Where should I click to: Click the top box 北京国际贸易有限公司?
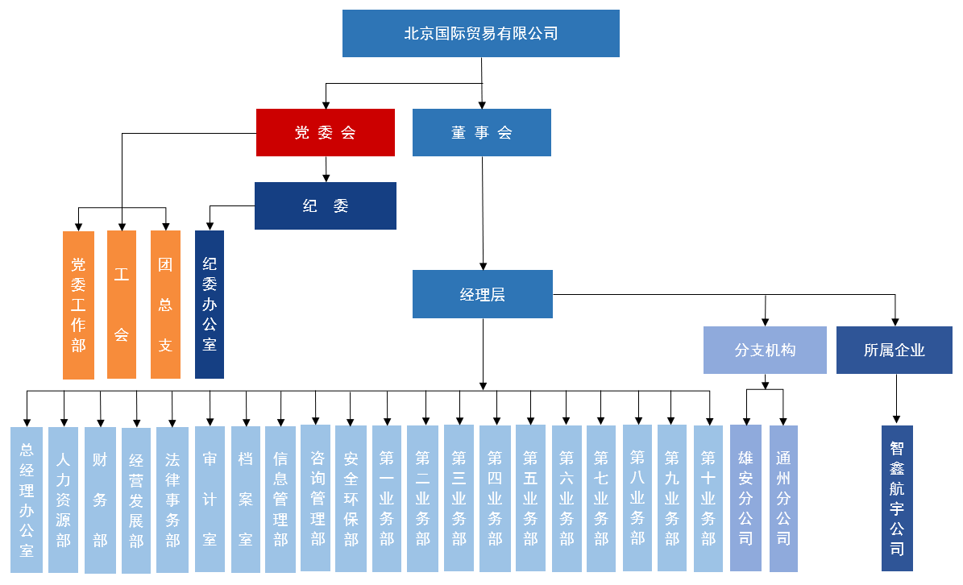click(x=481, y=33)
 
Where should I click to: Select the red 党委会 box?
click(x=326, y=133)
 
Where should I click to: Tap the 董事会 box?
click(x=482, y=133)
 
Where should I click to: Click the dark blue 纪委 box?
click(x=326, y=205)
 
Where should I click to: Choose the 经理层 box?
click(x=483, y=294)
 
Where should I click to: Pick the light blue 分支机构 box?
click(x=766, y=350)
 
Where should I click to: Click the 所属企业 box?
click(x=895, y=350)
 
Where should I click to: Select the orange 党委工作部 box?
click(x=79, y=305)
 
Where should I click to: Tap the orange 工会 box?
click(x=122, y=305)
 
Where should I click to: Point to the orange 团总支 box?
click(x=166, y=305)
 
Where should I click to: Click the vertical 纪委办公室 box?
click(x=210, y=305)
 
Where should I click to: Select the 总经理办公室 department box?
click(x=27, y=500)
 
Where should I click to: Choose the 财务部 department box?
click(x=100, y=500)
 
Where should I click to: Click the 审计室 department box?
click(x=210, y=499)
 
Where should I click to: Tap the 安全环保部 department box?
click(x=351, y=499)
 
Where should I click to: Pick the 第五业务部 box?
click(x=530, y=498)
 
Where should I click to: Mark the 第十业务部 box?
click(x=708, y=499)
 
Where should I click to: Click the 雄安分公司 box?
click(x=745, y=498)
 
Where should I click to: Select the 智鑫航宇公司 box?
click(x=897, y=498)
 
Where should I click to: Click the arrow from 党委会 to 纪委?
click(x=326, y=169)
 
